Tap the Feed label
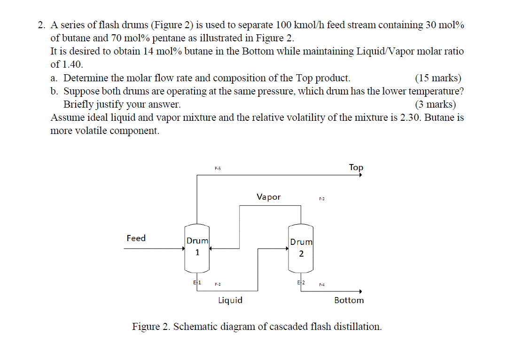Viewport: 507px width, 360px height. [x=136, y=238]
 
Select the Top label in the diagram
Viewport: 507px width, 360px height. [x=356, y=167]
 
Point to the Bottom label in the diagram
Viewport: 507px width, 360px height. [x=349, y=300]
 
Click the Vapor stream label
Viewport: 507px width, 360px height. [x=268, y=197]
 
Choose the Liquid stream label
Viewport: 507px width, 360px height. [x=230, y=300]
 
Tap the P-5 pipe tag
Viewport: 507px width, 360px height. [x=218, y=168]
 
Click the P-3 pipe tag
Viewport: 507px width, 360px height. [x=322, y=199]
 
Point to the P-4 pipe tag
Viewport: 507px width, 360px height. [x=322, y=284]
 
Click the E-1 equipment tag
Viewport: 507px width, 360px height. [x=197, y=282]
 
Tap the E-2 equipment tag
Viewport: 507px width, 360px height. [x=301, y=282]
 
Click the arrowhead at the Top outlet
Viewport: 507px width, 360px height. [x=360, y=175]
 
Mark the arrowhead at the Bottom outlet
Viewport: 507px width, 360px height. [x=360, y=291]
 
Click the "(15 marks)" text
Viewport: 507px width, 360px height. [x=438, y=78]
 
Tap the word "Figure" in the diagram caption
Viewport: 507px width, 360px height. [x=148, y=327]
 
